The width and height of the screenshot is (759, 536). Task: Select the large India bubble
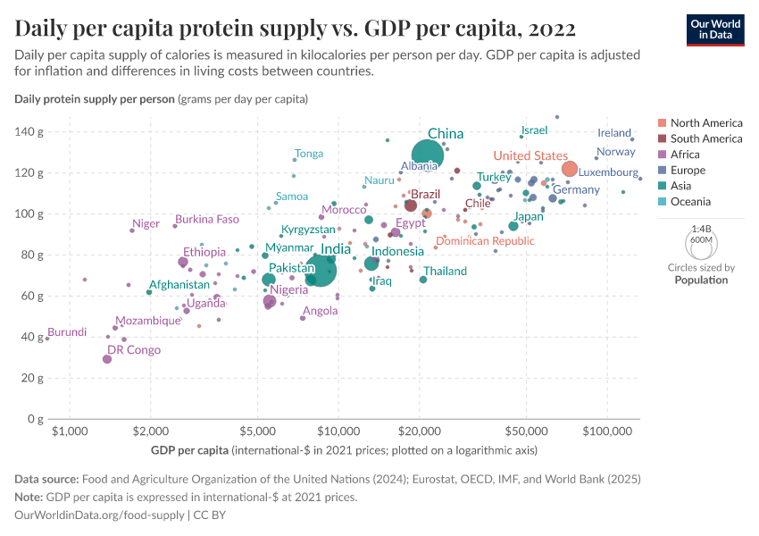pos(321,268)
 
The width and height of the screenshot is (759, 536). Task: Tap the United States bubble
pos(570,169)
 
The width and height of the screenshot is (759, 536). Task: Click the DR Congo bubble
pos(107,358)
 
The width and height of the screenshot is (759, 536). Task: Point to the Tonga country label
pos(309,154)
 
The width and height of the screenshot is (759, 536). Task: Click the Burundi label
pos(67,332)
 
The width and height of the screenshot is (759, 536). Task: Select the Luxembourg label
pos(608,172)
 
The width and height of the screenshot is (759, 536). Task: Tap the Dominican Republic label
pos(485,241)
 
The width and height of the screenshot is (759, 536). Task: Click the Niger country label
pos(145,223)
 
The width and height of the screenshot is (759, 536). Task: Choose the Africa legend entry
pos(687,155)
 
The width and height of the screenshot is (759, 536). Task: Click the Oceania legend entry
pos(692,202)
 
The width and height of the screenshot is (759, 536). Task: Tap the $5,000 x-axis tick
pos(257,431)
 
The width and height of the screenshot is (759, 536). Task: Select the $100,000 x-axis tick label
pos(607,431)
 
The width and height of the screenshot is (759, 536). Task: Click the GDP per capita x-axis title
pos(189,448)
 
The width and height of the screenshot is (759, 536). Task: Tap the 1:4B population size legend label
pos(701,229)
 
